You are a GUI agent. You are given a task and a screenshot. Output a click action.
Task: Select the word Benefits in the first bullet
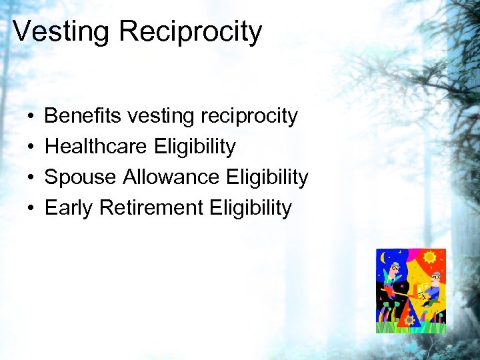click(x=83, y=116)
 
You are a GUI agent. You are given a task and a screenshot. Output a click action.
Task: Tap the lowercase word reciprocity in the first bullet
click(x=257, y=117)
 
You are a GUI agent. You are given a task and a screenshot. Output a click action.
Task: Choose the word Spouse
click(x=80, y=178)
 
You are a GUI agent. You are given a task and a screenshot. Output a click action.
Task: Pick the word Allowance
click(x=171, y=177)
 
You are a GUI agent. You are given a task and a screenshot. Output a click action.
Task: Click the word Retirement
click(x=151, y=208)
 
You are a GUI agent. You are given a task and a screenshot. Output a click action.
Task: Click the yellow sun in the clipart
click(x=430, y=257)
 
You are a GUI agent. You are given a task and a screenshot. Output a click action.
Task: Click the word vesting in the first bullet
click(x=159, y=117)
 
